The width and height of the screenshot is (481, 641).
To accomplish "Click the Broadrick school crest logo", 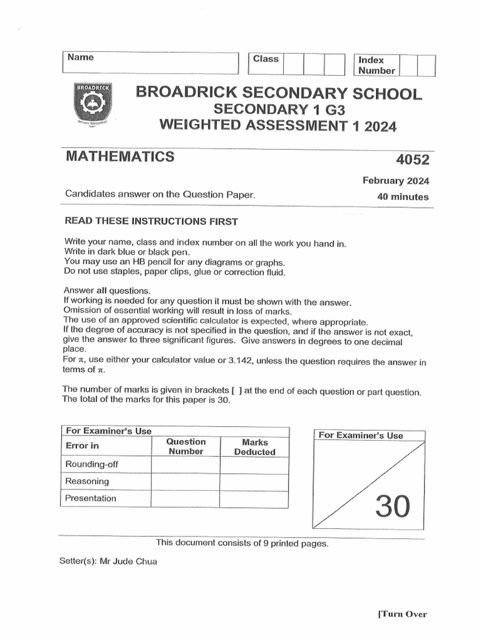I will click(x=93, y=103).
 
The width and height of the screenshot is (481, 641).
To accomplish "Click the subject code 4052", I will click(x=411, y=160).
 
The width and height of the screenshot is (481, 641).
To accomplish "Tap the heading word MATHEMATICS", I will click(x=120, y=156).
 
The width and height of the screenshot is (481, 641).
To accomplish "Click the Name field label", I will click(x=81, y=58).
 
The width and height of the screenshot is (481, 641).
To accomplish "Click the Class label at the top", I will click(x=266, y=59).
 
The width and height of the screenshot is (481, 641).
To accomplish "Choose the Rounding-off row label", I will click(x=91, y=464).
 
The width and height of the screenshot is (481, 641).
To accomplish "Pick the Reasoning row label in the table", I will click(x=87, y=481).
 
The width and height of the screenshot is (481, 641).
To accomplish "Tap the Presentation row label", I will click(x=91, y=498).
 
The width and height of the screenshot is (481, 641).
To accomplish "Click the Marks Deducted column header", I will click(x=254, y=447).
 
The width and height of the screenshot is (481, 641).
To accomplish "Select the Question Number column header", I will click(x=186, y=446).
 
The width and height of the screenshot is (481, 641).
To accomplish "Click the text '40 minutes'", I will click(x=403, y=197).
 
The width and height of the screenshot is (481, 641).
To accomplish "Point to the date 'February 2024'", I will click(x=396, y=181).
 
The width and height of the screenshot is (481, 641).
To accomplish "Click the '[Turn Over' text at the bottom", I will click(x=402, y=614).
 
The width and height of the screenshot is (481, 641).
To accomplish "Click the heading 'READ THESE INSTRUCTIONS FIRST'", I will click(x=151, y=222).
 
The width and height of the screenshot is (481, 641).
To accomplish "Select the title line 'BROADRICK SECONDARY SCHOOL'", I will click(x=279, y=94).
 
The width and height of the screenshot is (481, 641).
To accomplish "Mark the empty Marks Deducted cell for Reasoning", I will click(x=254, y=481).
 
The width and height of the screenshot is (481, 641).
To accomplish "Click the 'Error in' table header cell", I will click(x=83, y=446).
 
